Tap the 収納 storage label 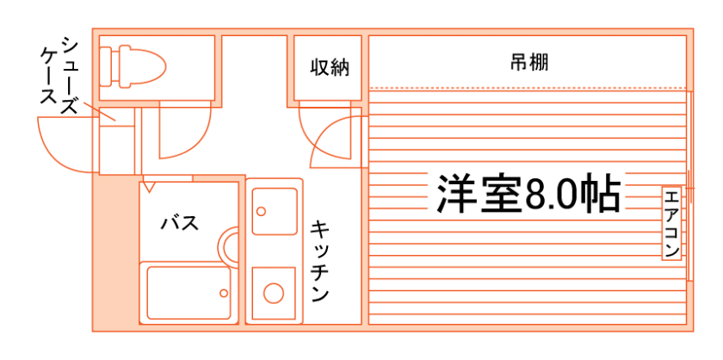[331, 66]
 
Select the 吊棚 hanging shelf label [529, 62]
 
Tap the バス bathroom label [180, 223]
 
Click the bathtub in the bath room [188, 292]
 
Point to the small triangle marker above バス [150, 186]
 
